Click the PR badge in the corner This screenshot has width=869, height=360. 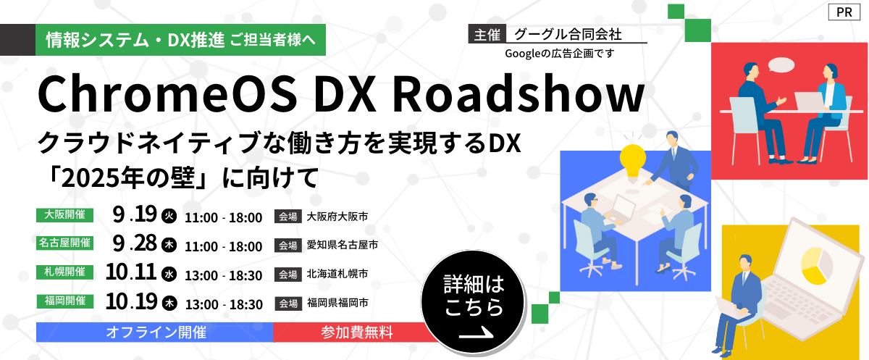(844, 12)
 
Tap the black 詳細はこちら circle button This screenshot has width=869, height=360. (474, 302)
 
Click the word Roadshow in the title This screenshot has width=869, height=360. (519, 94)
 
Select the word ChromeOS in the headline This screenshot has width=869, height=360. (167, 94)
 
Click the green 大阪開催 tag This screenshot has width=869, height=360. (64, 215)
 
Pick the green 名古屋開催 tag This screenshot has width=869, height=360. (64, 243)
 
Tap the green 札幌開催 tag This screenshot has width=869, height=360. (64, 272)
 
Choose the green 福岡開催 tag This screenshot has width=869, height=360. (65, 301)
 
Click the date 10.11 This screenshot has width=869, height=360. (131, 272)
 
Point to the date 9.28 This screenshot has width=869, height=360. (135, 243)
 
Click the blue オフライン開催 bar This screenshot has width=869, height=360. (155, 332)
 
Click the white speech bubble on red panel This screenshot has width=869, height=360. (781, 65)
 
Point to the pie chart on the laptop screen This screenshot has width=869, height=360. (817, 265)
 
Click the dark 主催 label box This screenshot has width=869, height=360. (487, 34)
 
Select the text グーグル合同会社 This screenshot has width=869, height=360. (568, 34)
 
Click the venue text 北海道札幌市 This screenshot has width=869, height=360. (337, 274)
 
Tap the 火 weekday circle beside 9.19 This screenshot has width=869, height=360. (169, 216)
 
